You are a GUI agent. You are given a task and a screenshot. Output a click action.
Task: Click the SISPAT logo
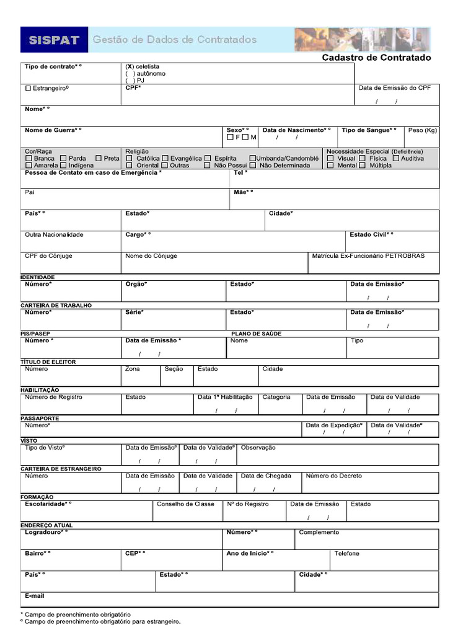click(x=54, y=40)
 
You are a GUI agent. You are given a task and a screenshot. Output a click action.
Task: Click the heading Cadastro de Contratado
click(x=376, y=58)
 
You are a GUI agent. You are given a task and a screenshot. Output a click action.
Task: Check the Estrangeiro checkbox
click(x=28, y=89)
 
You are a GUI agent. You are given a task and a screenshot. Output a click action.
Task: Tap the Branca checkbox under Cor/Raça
click(x=29, y=159)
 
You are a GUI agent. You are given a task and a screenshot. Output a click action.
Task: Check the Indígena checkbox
click(x=63, y=166)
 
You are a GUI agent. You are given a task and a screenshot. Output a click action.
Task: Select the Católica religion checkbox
click(x=130, y=159)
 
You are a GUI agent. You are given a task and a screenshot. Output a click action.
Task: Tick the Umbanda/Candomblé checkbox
click(x=253, y=159)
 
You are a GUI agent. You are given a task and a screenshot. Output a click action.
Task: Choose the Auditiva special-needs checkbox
click(x=395, y=159)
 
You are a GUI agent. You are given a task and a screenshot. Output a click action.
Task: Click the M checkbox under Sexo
click(x=245, y=137)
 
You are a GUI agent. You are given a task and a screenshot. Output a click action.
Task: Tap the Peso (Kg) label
click(x=423, y=130)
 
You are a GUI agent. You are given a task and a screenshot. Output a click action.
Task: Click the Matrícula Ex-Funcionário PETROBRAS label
click(x=368, y=255)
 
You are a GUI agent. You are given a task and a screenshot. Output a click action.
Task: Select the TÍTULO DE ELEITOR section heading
click(x=48, y=362)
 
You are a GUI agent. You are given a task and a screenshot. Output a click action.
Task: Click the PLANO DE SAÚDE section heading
click(x=256, y=334)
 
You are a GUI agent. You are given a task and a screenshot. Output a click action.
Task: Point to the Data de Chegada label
click(x=266, y=476)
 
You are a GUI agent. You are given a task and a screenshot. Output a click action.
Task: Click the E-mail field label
click(x=35, y=595)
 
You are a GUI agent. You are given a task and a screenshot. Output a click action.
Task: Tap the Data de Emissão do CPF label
click(x=394, y=87)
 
